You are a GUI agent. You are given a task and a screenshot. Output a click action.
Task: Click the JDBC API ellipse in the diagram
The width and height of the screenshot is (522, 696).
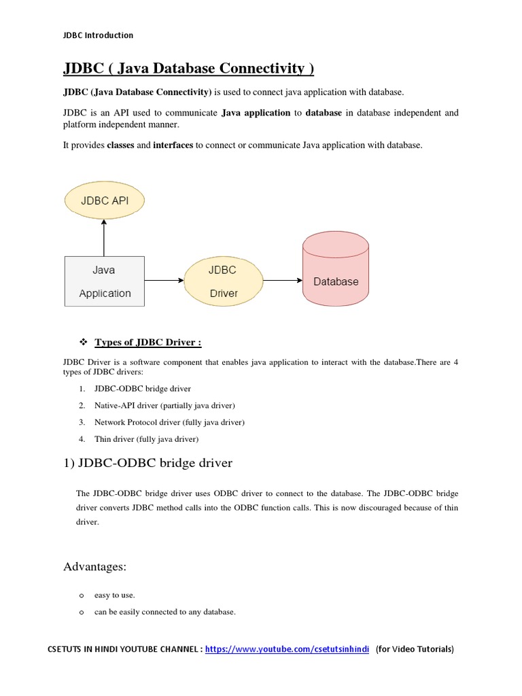click(x=105, y=201)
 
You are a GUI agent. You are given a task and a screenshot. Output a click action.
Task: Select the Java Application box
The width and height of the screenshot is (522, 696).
click(x=104, y=281)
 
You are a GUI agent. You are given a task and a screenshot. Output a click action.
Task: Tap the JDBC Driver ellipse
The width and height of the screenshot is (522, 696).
click(x=223, y=281)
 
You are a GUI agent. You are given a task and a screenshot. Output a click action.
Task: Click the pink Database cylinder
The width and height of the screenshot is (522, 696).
click(x=336, y=272)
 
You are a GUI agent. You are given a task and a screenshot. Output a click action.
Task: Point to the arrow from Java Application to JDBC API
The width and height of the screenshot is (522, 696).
click(x=104, y=238)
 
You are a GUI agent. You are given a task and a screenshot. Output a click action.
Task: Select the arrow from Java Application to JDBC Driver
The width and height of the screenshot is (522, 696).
click(x=164, y=280)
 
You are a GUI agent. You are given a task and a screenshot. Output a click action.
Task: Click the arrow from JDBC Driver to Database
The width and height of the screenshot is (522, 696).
click(x=282, y=280)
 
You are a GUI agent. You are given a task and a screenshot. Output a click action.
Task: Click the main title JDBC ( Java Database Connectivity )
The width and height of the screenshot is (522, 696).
click(x=188, y=69)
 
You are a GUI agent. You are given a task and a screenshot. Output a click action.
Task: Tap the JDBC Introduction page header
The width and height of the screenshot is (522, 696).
click(x=99, y=35)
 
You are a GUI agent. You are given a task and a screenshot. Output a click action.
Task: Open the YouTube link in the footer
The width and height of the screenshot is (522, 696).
click(x=287, y=649)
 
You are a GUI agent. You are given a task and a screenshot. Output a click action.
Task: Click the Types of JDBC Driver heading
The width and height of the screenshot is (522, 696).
click(x=147, y=342)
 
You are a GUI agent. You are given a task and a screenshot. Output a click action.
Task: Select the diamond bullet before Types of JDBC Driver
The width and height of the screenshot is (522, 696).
click(x=84, y=342)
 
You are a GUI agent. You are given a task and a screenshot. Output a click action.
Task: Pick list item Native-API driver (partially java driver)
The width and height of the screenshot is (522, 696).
click(x=164, y=406)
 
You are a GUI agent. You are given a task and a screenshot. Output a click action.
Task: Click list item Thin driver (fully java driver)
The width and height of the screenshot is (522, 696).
click(x=146, y=439)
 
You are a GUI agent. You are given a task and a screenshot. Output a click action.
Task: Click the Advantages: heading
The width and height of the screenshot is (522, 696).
click(x=95, y=567)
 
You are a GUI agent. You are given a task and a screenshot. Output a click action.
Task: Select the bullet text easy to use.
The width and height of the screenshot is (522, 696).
click(x=114, y=595)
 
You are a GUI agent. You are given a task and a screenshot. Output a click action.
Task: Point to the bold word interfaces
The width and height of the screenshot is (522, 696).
click(x=173, y=145)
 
